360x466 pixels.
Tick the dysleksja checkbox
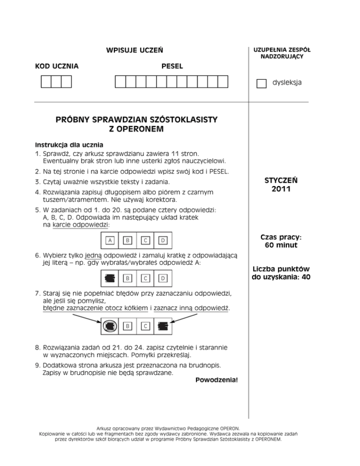261,83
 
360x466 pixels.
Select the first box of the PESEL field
120,82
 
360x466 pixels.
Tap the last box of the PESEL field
223,82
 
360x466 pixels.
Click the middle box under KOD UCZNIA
56,82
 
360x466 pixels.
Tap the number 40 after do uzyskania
305,277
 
